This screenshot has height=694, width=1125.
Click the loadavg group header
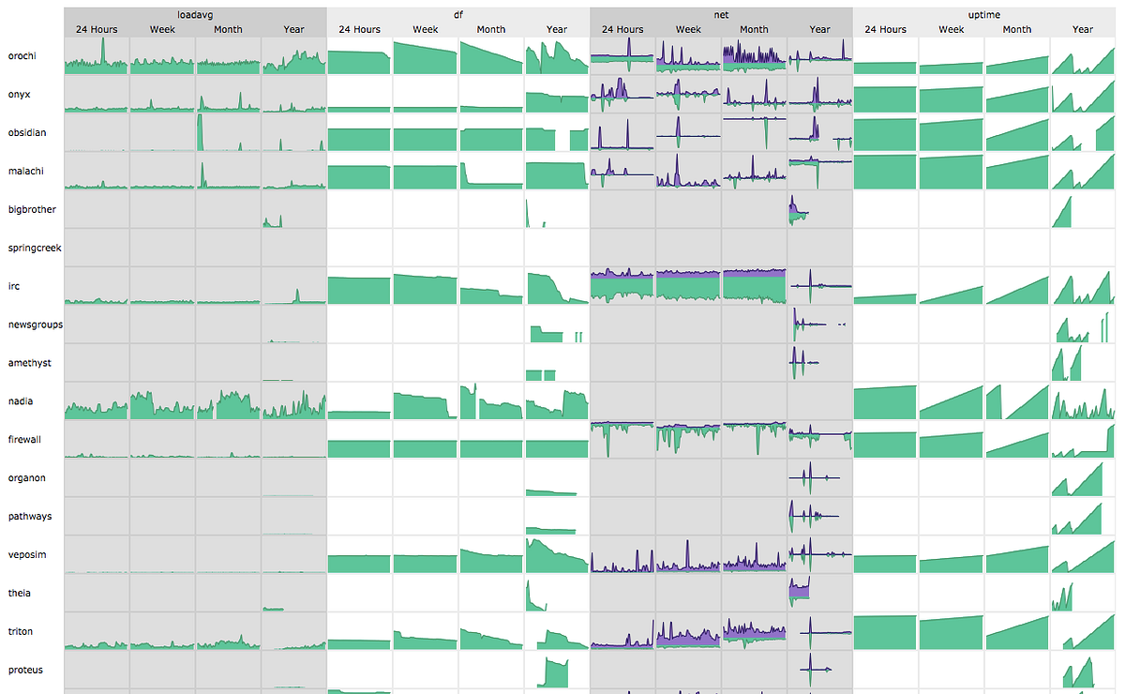[195, 15]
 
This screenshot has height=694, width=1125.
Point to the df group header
[458, 15]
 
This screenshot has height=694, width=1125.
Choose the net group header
[721, 15]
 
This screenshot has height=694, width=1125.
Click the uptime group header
[983, 15]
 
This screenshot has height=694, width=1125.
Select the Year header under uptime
[1083, 29]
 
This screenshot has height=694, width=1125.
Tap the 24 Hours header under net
[622, 29]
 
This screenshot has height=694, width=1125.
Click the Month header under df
[491, 29]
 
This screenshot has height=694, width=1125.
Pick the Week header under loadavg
[162, 29]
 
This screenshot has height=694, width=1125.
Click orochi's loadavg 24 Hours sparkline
[97, 56]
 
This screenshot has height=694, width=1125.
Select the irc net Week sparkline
[688, 286]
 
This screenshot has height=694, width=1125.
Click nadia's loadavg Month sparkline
[228, 401]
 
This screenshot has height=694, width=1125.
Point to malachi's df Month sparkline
[491, 172]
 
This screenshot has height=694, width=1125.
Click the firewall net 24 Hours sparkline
[622, 439]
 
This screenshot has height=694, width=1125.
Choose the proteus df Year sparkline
[557, 670]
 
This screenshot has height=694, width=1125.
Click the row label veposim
[27, 555]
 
